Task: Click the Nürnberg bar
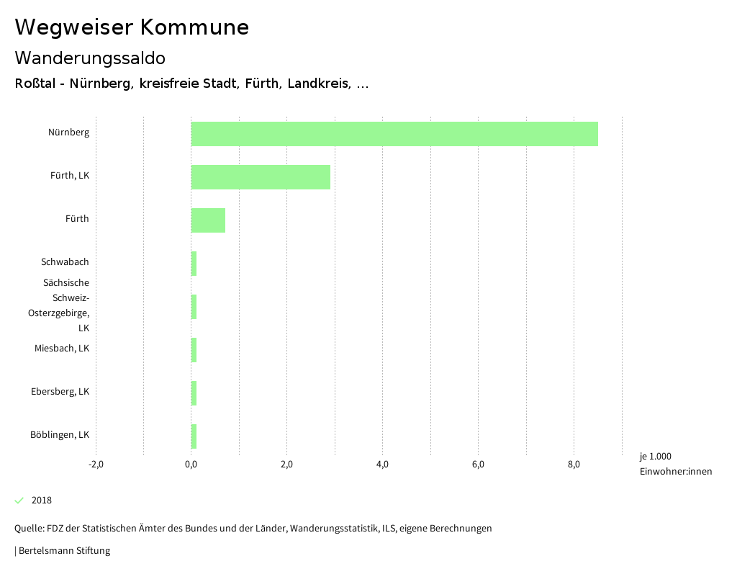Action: click(394, 134)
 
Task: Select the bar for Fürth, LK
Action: click(261, 177)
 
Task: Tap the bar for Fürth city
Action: click(208, 220)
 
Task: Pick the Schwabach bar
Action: click(194, 264)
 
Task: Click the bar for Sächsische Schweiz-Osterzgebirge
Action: click(194, 307)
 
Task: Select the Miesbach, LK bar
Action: click(194, 350)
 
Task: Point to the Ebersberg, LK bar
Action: click(194, 393)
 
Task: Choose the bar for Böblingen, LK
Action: click(194, 436)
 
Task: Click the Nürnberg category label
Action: click(69, 133)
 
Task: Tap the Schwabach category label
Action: click(65, 262)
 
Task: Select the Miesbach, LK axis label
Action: click(62, 349)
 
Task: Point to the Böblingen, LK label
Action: click(60, 435)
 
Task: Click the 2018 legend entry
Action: click(41, 501)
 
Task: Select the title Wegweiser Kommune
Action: click(132, 27)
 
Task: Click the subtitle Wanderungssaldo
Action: click(90, 58)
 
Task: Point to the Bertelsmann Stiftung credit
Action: click(63, 551)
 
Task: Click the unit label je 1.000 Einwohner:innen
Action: click(675, 464)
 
